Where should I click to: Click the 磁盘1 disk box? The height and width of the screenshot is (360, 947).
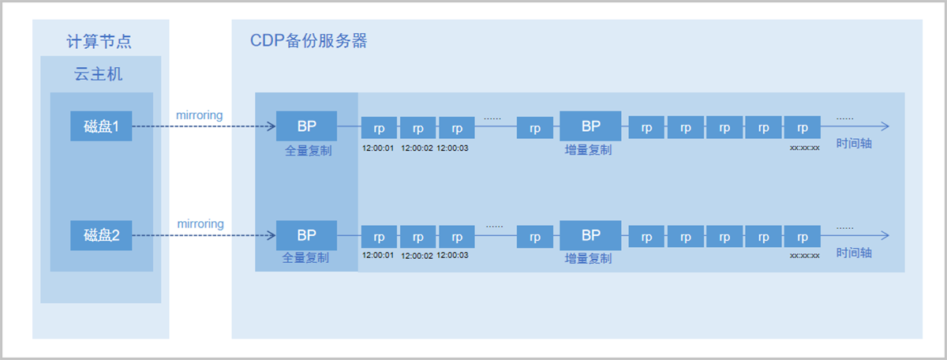101,126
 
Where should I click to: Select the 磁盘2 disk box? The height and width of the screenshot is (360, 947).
101,235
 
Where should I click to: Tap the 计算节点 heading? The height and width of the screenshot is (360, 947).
100,42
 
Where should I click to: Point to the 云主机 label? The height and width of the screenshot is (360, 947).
100,75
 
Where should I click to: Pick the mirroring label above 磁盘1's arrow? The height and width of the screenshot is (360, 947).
200,115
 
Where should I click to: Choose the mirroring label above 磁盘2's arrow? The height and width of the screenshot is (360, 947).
200,224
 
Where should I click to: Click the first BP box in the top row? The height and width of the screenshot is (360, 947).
306,126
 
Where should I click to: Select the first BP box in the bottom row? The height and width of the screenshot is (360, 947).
306,235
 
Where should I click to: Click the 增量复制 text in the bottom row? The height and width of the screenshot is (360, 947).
588,258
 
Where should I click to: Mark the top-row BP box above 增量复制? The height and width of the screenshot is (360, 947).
590,126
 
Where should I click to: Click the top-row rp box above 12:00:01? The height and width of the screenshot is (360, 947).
379,128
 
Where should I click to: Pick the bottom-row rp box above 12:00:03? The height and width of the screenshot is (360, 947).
456,237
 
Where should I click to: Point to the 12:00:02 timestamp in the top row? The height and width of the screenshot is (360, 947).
417,148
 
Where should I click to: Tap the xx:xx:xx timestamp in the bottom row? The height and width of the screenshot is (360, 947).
804,256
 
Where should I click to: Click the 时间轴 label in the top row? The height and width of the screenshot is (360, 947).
855,145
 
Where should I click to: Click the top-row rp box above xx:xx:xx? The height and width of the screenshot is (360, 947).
802,128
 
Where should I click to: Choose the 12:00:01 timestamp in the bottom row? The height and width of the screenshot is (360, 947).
378,256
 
